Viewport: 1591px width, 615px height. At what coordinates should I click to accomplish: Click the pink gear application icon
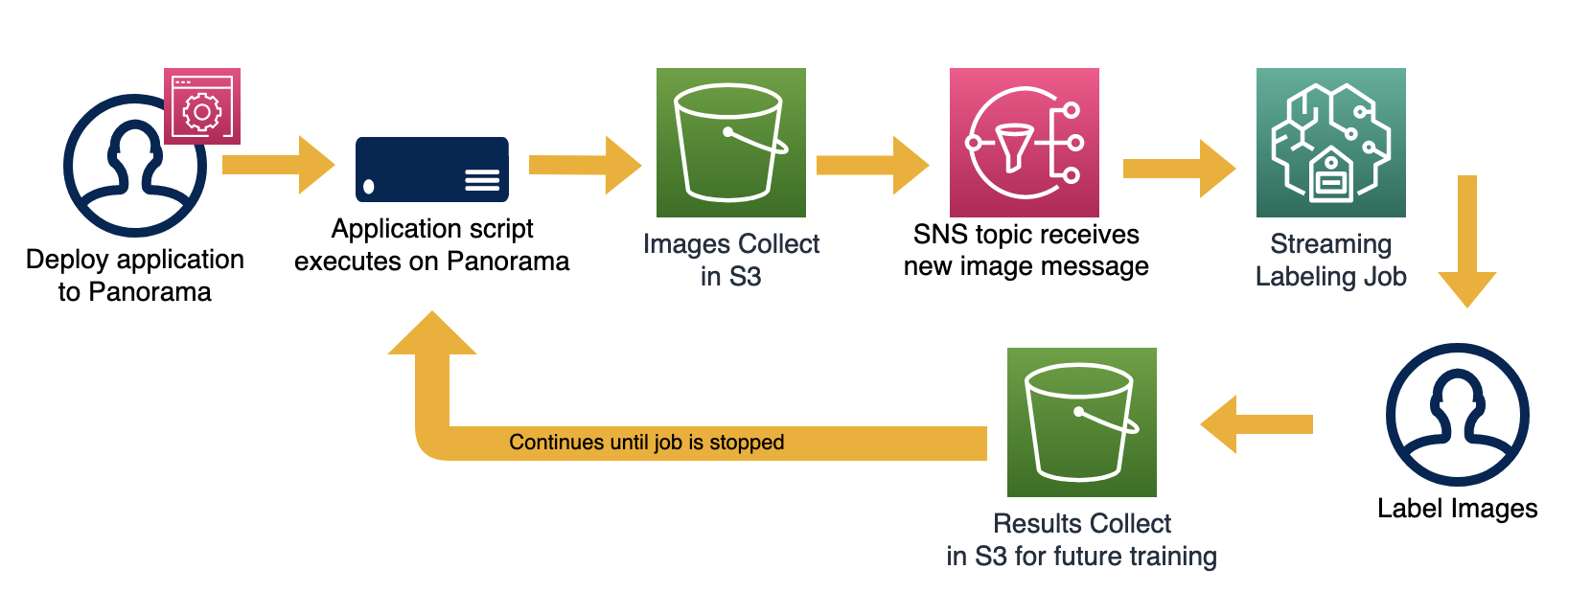[x=201, y=106]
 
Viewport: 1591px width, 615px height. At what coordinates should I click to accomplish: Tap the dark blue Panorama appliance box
[x=431, y=170]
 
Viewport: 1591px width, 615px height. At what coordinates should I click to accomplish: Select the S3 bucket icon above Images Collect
[x=730, y=143]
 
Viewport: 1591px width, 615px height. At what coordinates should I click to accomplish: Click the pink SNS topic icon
[x=1024, y=143]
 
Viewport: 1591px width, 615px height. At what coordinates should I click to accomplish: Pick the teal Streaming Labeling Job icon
[x=1330, y=143]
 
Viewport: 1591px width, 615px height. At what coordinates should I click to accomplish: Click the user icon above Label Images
[x=1457, y=415]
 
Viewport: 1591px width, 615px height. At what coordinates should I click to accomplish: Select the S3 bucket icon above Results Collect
[x=1081, y=422]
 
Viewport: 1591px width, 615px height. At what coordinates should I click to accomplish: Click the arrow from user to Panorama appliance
[x=278, y=165]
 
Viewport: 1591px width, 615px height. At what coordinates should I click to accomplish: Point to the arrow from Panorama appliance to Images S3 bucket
[x=584, y=165]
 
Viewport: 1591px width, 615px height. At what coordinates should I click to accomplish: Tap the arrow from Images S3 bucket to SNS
[x=871, y=165]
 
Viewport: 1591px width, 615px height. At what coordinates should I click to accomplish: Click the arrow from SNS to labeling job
[x=1178, y=169]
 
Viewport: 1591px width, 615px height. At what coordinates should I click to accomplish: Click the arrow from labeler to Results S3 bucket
[x=1257, y=424]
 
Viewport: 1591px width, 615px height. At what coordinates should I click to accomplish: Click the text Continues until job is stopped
[x=646, y=443]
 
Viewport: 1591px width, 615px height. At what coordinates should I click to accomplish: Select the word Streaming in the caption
[x=1330, y=244]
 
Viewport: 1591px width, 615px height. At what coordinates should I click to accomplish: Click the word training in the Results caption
[x=1173, y=557]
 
